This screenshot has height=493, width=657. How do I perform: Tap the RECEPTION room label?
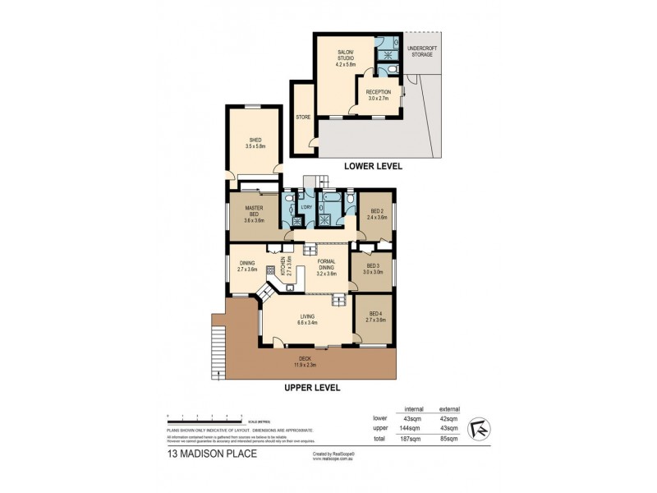click(x=379, y=94)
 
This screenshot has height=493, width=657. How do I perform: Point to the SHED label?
click(x=255, y=143)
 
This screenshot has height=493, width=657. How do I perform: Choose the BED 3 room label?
click(x=373, y=269)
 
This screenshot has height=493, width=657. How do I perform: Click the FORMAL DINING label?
click(x=327, y=267)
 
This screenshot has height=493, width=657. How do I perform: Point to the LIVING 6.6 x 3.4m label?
click(x=306, y=320)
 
